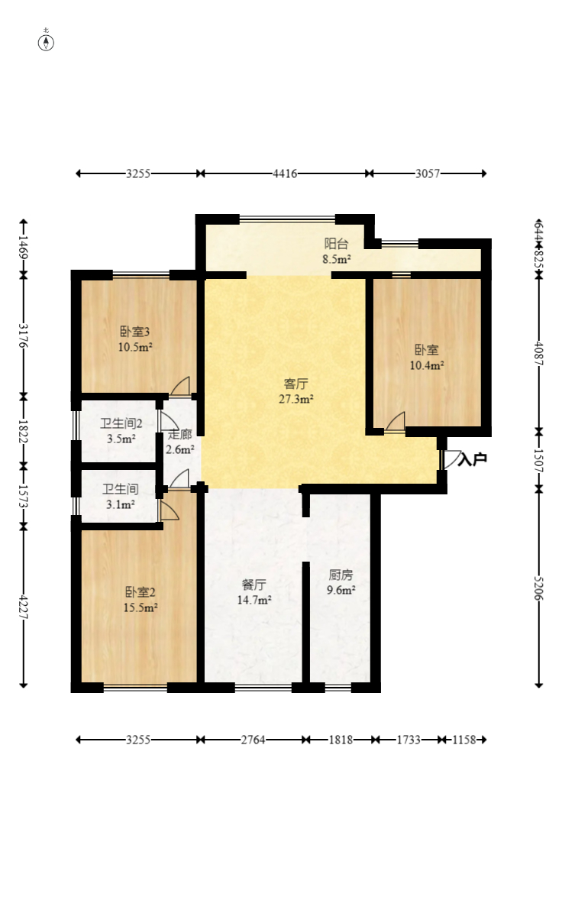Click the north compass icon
47,41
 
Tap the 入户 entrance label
472,459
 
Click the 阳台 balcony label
337,244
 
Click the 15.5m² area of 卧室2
141,607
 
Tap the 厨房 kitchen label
341,575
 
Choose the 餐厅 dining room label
254,585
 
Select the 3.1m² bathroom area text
120,504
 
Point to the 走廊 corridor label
180,435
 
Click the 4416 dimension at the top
285,173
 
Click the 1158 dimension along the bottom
464,740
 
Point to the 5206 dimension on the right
539,588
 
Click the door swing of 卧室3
181,387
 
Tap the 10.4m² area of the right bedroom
426,365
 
